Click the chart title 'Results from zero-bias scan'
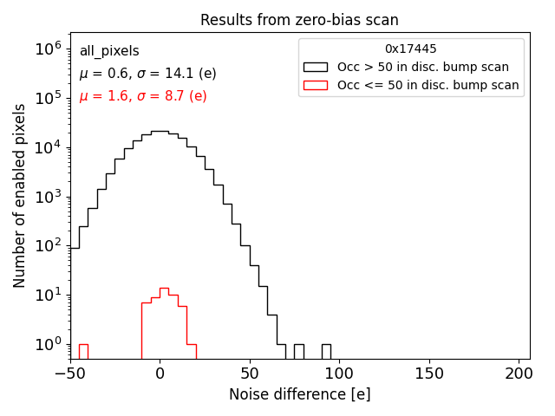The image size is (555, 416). pyautogui.click(x=299, y=20)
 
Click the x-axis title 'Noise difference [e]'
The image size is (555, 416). pyautogui.click(x=299, y=394)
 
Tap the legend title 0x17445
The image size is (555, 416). pyautogui.click(x=411, y=49)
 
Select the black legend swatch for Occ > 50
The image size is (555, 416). pyautogui.click(x=316, y=67)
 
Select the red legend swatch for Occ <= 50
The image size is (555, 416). pyautogui.click(x=316, y=85)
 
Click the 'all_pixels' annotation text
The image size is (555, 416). pyautogui.click(x=109, y=51)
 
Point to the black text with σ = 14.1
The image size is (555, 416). pyautogui.click(x=147, y=74)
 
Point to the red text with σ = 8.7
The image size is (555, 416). pyautogui.click(x=143, y=96)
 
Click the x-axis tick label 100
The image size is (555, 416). pyautogui.click(x=339, y=374)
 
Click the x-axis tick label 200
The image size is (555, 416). pyautogui.click(x=519, y=374)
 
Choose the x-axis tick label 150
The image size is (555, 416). pyautogui.click(x=429, y=374)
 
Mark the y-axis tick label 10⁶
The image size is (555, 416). pyautogui.click(x=46, y=49)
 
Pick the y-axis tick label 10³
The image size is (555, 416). pyautogui.click(x=46, y=197)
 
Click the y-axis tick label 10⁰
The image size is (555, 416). pyautogui.click(x=46, y=345)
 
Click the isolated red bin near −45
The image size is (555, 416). pyautogui.click(x=83, y=352)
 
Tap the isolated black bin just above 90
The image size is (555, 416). pyautogui.click(x=326, y=352)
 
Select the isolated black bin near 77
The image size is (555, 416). pyautogui.click(x=298, y=352)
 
